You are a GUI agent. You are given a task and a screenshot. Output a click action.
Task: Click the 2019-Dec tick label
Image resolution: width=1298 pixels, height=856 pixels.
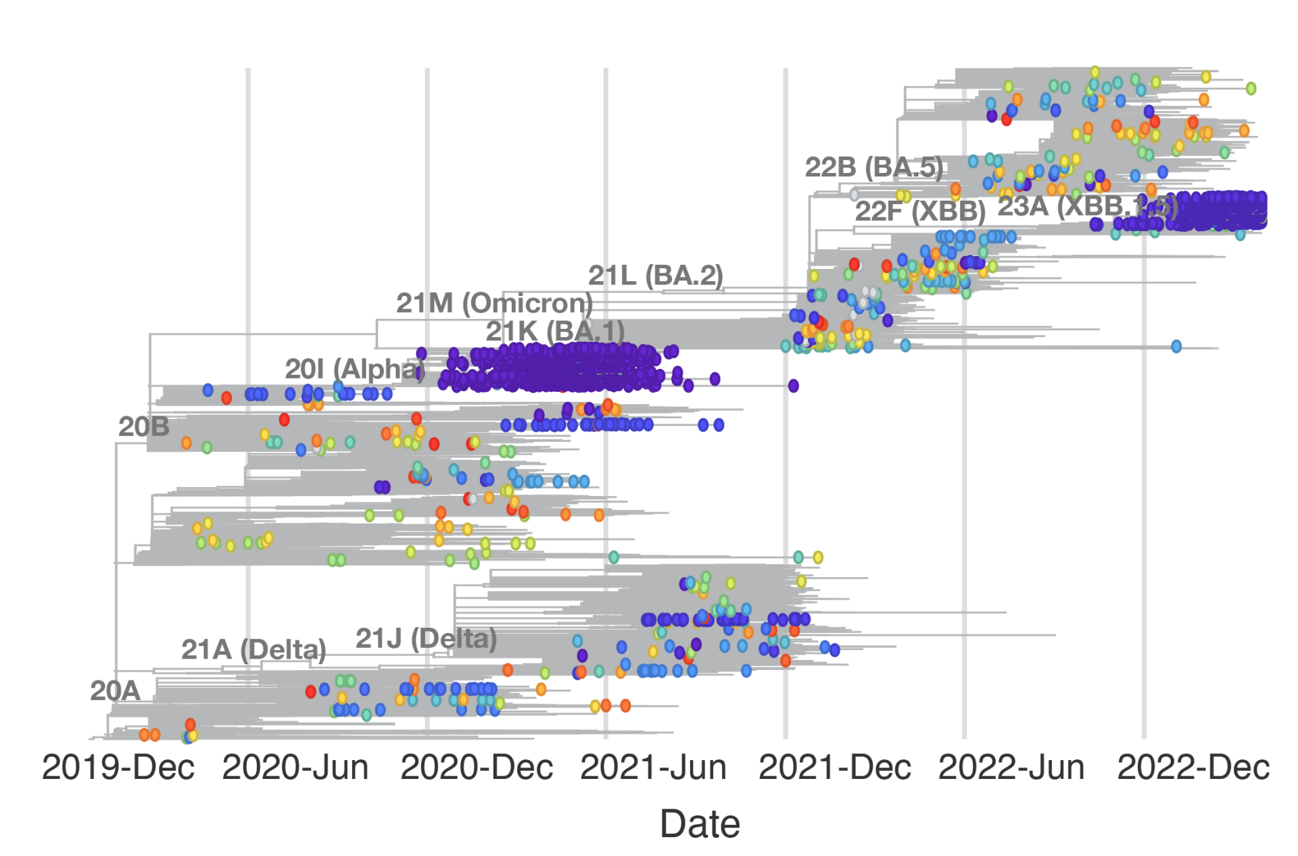click(118, 767)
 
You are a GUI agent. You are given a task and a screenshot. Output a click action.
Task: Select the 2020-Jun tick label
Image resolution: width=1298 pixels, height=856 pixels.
click(295, 767)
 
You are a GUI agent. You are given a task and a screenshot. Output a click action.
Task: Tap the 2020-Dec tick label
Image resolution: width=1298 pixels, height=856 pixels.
click(477, 767)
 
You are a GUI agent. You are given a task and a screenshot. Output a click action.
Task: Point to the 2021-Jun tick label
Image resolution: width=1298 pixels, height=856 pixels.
click(653, 767)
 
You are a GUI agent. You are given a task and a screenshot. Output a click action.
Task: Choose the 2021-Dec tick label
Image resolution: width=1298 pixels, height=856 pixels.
click(835, 767)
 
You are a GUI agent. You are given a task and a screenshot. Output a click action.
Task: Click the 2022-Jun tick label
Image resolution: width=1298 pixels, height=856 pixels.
click(1011, 767)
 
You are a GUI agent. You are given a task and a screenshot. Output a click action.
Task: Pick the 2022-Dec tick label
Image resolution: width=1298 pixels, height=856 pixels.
click(1193, 767)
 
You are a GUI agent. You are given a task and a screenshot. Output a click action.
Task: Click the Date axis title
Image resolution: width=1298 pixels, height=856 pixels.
click(700, 824)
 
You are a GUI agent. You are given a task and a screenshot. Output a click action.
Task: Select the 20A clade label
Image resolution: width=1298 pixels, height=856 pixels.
click(115, 690)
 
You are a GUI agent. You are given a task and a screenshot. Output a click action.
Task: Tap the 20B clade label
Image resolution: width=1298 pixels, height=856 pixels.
click(144, 426)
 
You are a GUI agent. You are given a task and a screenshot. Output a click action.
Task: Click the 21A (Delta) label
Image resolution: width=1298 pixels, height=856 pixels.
click(254, 649)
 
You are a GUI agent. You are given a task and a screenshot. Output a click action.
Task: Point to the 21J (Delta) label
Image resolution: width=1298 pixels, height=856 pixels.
click(426, 638)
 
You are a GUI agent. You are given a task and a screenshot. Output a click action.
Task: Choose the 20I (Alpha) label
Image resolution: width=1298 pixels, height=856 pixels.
click(354, 369)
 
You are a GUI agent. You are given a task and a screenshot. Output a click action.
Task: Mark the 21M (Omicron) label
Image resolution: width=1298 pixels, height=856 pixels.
click(494, 303)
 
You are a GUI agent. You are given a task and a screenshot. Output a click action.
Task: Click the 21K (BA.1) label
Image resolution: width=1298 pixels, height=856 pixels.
click(554, 331)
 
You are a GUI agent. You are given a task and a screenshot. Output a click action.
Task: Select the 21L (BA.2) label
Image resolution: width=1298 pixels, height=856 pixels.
click(655, 275)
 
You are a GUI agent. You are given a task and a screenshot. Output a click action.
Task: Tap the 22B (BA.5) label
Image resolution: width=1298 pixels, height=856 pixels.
click(873, 167)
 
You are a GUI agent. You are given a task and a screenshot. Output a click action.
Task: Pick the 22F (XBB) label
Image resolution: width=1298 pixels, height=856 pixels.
click(920, 211)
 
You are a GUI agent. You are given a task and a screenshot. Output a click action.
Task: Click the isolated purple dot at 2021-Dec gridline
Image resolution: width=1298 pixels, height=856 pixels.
click(794, 386)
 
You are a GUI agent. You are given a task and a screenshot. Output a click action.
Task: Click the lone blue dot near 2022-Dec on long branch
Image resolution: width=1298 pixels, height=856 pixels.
click(1176, 347)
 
